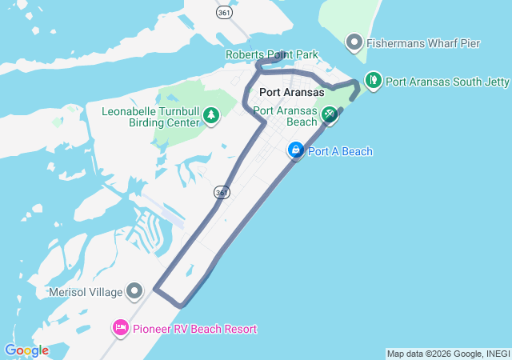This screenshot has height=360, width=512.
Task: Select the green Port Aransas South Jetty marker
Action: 373,80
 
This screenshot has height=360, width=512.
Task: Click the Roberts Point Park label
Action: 271,55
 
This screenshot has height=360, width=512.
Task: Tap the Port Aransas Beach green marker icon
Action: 329,116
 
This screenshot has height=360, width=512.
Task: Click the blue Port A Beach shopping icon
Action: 296,150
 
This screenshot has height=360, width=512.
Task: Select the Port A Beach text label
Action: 340,151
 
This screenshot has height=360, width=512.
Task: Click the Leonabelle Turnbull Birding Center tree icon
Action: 211,117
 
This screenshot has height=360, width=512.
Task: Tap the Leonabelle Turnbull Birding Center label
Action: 150,117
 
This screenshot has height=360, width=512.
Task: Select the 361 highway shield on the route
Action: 221,193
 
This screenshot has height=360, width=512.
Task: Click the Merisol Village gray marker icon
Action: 134,290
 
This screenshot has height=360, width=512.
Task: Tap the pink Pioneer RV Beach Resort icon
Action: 121,327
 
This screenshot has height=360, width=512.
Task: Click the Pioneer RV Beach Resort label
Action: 195,329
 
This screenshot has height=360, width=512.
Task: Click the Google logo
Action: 26,350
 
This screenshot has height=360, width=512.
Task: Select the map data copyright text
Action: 447,354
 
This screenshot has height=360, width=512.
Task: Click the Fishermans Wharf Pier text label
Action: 423,43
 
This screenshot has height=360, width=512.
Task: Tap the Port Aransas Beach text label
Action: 286,116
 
